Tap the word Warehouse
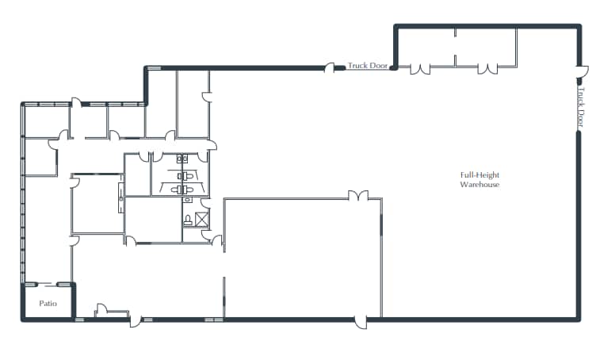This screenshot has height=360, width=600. (480, 185)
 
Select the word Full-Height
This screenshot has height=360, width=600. (480, 174)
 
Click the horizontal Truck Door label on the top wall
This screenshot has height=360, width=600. (368, 67)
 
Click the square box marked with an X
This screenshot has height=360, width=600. (201, 217)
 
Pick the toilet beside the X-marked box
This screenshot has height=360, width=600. (188, 218)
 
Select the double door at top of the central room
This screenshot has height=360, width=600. (358, 195)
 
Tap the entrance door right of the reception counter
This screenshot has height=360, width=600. (136, 321)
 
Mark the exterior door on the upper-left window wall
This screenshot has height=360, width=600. (77, 101)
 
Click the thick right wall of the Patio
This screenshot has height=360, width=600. (75, 301)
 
